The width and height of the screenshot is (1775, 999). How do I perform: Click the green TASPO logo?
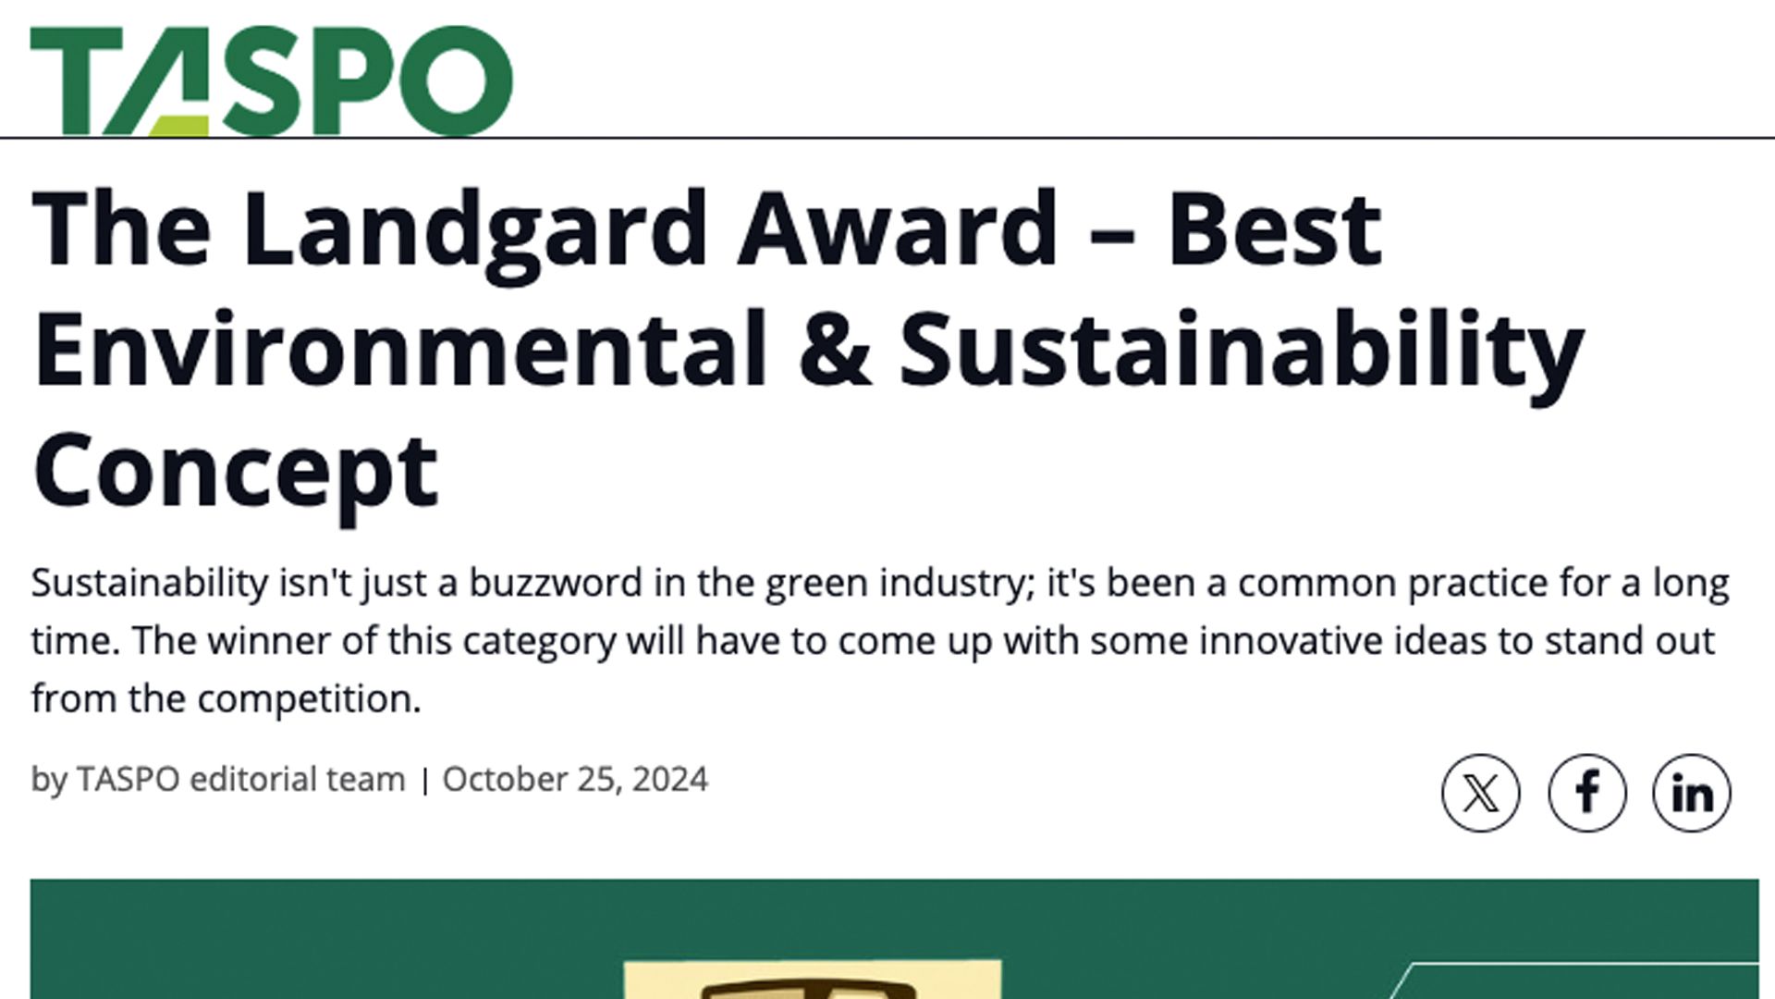tap(271, 80)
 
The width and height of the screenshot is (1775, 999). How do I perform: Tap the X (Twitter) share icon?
tap(1480, 793)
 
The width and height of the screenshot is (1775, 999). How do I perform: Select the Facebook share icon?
tap(1586, 793)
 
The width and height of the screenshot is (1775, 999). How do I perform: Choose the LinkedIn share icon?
tap(1692, 793)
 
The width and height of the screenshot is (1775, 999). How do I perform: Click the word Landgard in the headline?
tap(475, 231)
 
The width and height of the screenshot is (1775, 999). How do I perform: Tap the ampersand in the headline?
tap(835, 349)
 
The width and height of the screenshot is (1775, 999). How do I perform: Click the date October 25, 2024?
tap(575, 779)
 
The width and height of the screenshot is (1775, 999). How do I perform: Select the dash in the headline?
tap(1113, 233)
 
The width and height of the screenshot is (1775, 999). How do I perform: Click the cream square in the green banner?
tap(813, 980)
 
